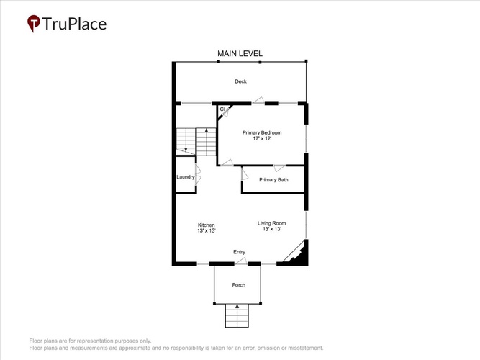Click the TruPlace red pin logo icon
33,23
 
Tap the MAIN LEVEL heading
240,53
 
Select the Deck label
240,81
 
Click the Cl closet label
222,109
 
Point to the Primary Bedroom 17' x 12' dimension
262,138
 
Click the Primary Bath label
273,180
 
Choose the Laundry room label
186,177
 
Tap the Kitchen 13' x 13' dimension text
207,230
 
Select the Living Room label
271,223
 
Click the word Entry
239,252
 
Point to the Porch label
238,285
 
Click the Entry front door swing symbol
241,261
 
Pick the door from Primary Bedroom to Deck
258,100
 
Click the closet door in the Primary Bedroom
226,112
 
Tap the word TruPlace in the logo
74,24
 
